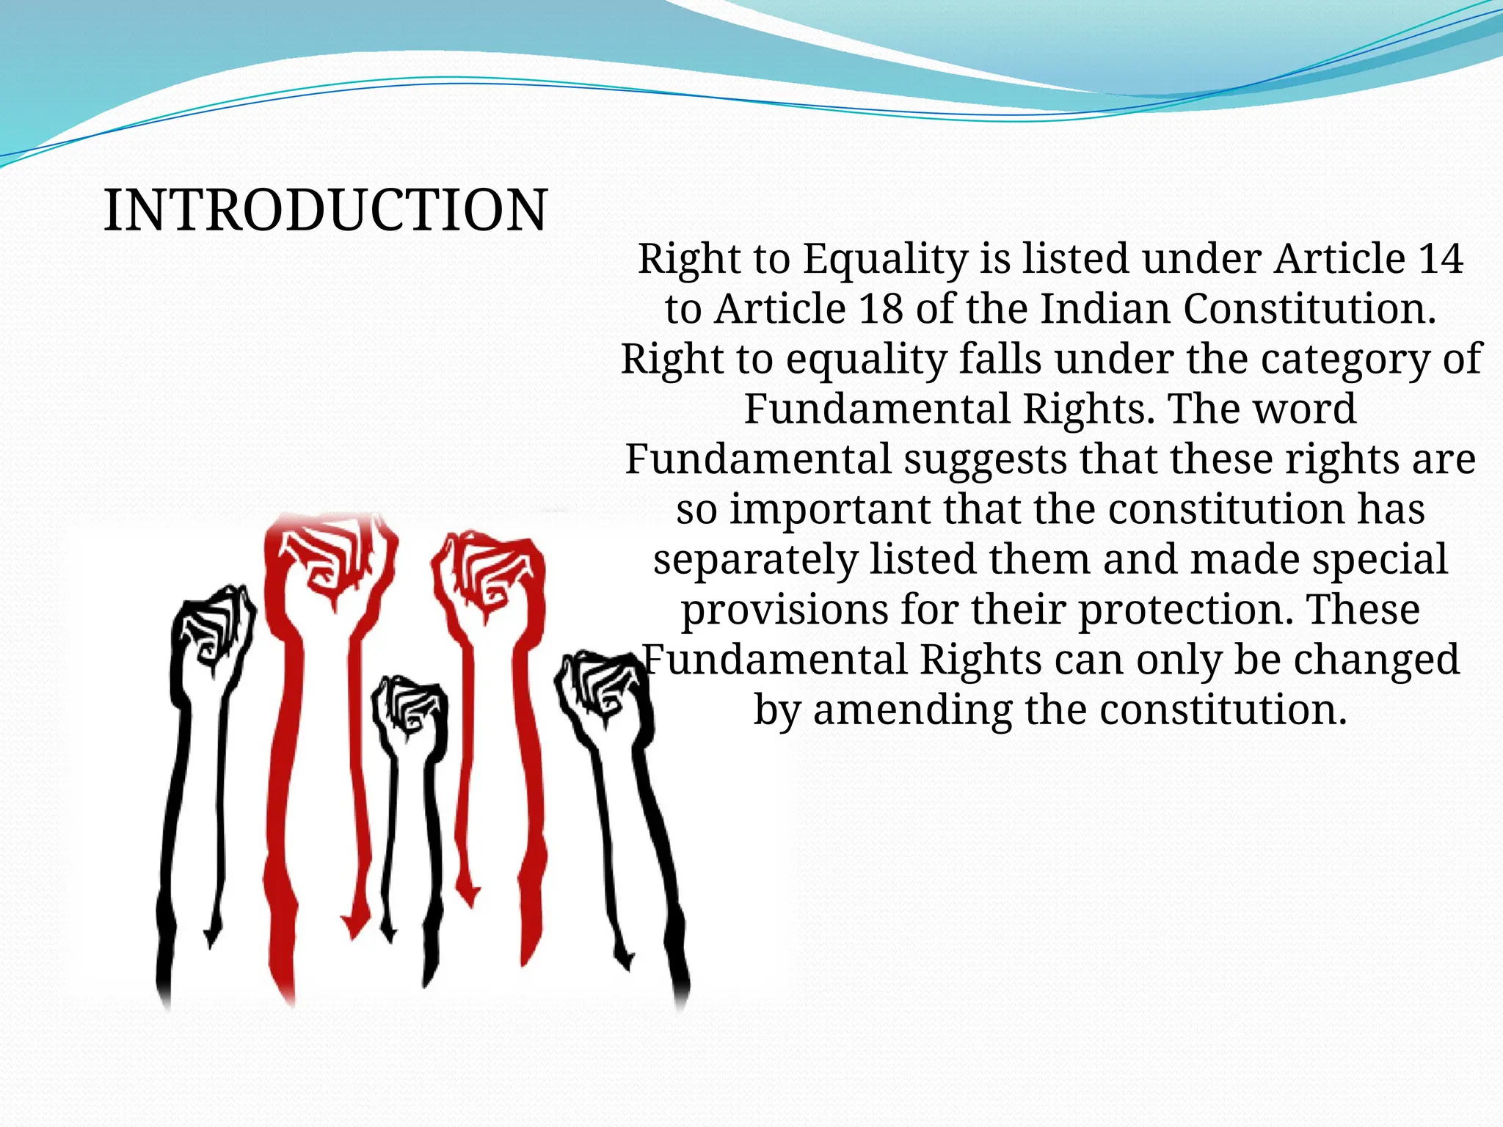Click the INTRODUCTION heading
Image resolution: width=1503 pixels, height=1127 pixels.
click(x=325, y=211)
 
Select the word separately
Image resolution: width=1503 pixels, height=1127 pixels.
click(x=755, y=560)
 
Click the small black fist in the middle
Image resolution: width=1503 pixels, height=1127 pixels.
click(x=409, y=708)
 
